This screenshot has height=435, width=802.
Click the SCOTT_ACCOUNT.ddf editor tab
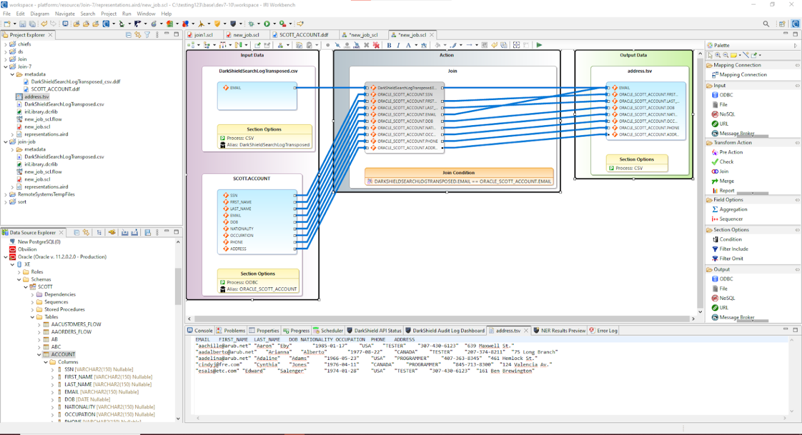[x=303, y=35]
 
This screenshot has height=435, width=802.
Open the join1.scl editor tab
[x=203, y=35]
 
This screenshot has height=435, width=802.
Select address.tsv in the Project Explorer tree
[x=37, y=96]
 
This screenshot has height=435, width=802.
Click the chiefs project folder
[x=24, y=44]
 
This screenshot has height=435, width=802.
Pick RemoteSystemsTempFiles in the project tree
[x=46, y=194]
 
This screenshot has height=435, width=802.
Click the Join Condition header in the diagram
[x=458, y=173]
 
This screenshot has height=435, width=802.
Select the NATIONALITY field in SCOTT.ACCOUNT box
[x=242, y=228]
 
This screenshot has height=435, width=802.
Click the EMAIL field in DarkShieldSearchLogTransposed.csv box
[x=235, y=88]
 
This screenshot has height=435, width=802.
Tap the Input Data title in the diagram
[x=252, y=55]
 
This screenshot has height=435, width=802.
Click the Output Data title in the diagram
[x=633, y=55]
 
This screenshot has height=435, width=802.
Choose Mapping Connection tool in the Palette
[x=742, y=75]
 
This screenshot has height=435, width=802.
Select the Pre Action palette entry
[x=730, y=152]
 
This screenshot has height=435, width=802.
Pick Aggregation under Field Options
[x=733, y=209]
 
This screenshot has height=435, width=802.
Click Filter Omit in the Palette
[x=731, y=259]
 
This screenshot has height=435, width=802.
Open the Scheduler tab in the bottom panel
[x=332, y=330]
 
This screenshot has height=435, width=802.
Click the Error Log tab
[x=607, y=330]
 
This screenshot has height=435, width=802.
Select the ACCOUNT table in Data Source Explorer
[x=63, y=354]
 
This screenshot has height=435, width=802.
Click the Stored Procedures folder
[x=64, y=309]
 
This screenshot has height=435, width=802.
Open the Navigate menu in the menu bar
[x=65, y=14]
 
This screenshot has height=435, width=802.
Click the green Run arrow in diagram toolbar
[x=539, y=45]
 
